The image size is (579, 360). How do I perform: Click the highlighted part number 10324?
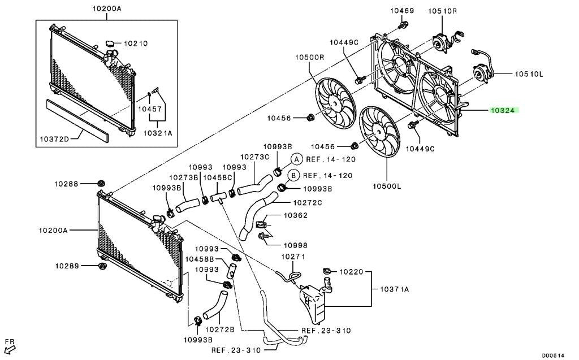click(x=504, y=110)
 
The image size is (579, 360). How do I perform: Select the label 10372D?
click(x=54, y=139)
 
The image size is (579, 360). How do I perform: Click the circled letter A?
click(x=296, y=159)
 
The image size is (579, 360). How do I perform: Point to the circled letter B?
click(x=293, y=175)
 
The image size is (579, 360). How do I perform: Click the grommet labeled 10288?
click(x=100, y=183)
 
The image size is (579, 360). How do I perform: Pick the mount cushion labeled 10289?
click(x=102, y=266)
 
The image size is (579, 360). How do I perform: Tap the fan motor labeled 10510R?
click(x=440, y=42)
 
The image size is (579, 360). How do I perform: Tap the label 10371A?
click(x=394, y=289)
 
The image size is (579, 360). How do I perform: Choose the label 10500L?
click(x=386, y=186)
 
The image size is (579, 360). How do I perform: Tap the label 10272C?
click(x=308, y=203)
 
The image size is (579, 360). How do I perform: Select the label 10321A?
click(x=158, y=133)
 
